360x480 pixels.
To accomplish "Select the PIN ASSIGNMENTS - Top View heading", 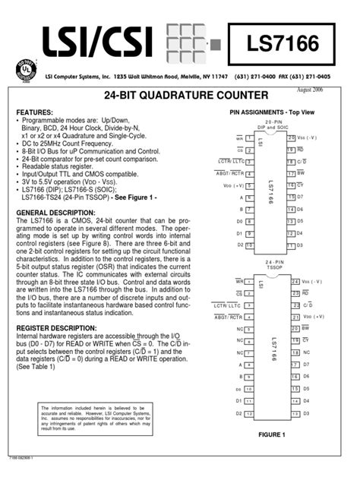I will (270, 112).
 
